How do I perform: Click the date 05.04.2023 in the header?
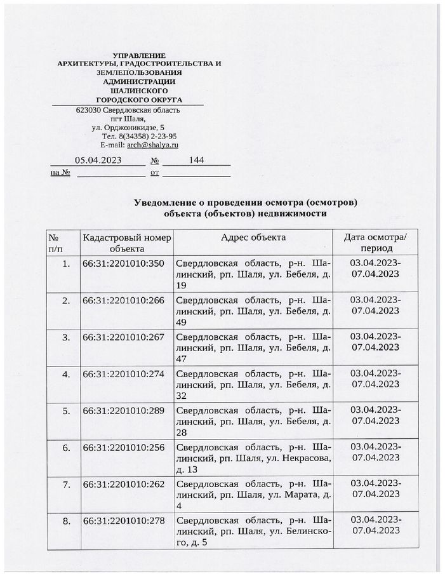click(98, 160)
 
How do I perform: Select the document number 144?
click(196, 160)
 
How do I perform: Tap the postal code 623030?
click(88, 109)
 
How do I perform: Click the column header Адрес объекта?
click(253, 237)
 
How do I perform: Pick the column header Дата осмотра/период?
click(375, 243)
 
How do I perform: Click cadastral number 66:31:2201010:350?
click(123, 263)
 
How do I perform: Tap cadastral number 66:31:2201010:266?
click(123, 300)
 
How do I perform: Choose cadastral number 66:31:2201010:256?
click(123, 447)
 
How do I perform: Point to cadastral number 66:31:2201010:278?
click(123, 521)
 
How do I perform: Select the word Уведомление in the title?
click(166, 202)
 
